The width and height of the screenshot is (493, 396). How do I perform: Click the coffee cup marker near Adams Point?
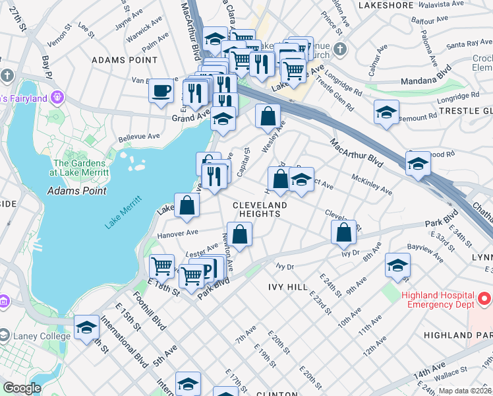(161, 90)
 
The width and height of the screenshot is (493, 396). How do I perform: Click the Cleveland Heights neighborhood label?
(260, 211)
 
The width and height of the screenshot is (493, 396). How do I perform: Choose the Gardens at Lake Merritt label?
(79, 168)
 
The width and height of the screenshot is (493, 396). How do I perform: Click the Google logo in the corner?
(22, 388)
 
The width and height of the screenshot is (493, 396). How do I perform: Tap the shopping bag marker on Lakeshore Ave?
(187, 205)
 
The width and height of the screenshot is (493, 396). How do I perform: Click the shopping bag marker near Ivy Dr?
(343, 232)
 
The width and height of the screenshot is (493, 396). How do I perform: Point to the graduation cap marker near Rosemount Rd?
(386, 112)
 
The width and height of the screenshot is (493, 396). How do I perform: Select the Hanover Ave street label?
(177, 233)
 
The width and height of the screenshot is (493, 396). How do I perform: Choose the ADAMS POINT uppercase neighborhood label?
(117, 60)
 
